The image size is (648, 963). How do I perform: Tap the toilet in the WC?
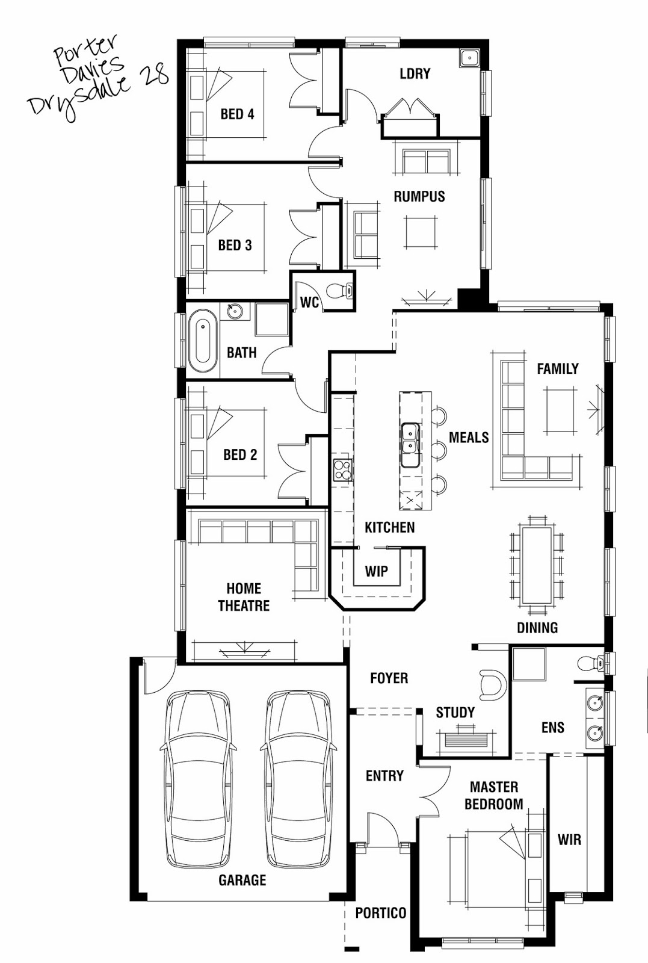click(x=340, y=291)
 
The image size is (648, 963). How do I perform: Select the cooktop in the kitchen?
click(x=343, y=469)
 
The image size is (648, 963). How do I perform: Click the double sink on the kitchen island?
click(x=410, y=445)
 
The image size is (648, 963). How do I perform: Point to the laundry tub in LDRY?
click(x=469, y=58)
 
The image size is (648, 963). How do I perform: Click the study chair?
click(x=492, y=685)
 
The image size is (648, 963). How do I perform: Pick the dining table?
click(x=536, y=565)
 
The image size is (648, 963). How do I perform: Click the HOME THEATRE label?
click(x=244, y=596)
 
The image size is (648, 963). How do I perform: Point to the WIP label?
click(x=377, y=571)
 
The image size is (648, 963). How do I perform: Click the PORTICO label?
click(x=381, y=912)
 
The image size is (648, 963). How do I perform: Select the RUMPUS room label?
click(x=419, y=196)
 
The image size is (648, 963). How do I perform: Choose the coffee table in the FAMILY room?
click(x=560, y=410)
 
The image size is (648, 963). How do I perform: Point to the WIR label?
click(x=569, y=839)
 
